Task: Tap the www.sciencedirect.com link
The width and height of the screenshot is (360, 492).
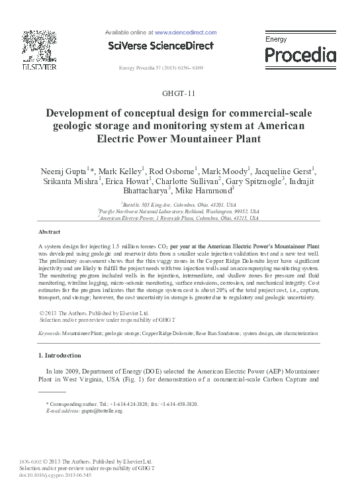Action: pos(186,32)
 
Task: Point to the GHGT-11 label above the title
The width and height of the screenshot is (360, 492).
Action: pos(179,93)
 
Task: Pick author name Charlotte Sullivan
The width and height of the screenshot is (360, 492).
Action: pos(191,181)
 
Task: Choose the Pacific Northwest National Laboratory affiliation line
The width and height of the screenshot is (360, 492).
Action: pos(179,211)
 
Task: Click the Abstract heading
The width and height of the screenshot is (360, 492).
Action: pos(50,232)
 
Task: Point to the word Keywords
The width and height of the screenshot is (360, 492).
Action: pos(50,334)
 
